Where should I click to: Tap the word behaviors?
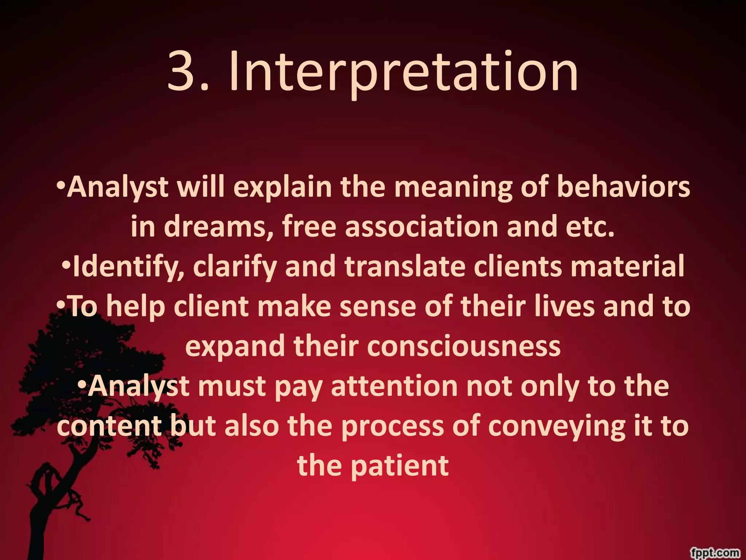[x=623, y=187]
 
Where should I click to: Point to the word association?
[x=421, y=227]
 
